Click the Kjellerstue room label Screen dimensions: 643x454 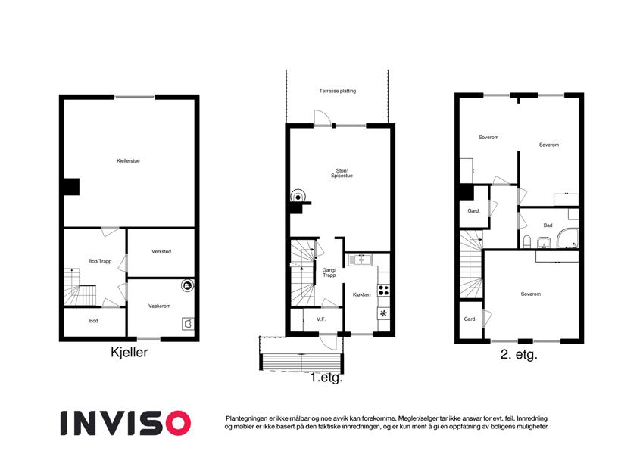tap(128, 161)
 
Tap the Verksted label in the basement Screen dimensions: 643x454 tap(161, 251)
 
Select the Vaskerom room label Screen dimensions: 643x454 tap(159, 306)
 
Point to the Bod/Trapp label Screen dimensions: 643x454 tap(100, 261)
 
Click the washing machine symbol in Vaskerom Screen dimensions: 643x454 tap(188, 324)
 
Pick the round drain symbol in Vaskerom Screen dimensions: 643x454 tap(187, 285)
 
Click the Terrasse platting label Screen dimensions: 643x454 tap(338, 91)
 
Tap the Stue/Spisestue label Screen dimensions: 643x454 tap(342, 173)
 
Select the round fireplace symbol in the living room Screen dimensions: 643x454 tap(298, 197)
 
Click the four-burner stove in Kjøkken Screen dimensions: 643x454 tap(383, 290)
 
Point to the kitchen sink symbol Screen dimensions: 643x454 tap(360, 260)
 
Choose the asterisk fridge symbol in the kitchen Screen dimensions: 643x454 tap(383, 314)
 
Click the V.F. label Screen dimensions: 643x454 tap(321, 319)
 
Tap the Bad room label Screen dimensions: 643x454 tap(548, 225)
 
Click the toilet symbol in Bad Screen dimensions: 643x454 tap(527, 241)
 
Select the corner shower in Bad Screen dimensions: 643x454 tap(567, 238)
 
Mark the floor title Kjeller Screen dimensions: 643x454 tap(130, 352)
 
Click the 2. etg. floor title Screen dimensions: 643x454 tap(519, 354)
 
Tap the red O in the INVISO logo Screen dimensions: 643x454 tap(179, 423)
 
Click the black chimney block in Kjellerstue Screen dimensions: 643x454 tap(71, 187)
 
